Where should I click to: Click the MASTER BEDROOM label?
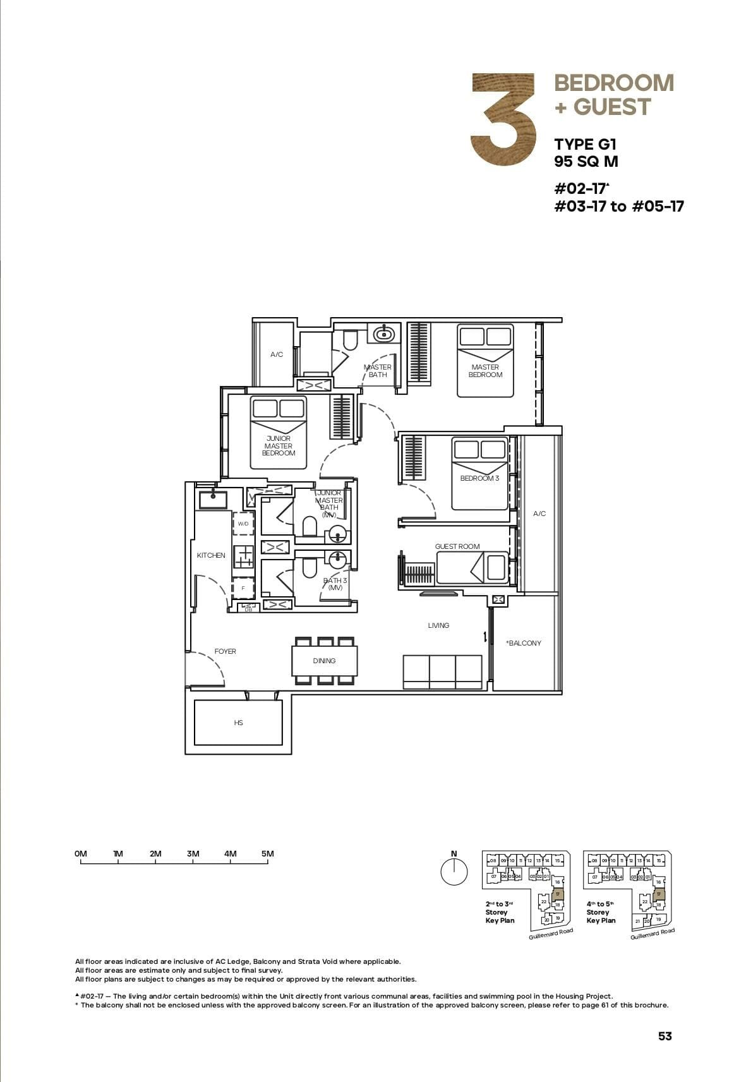[485, 371]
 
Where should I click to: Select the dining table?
[324, 661]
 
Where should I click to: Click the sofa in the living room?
[442, 672]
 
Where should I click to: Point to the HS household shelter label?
[238, 723]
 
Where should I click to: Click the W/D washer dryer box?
[243, 524]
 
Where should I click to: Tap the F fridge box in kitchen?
[243, 588]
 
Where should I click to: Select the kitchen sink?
[213, 500]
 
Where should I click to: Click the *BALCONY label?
[524, 643]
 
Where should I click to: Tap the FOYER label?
[225, 651]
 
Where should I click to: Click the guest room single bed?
[472, 568]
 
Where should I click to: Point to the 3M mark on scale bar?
[193, 854]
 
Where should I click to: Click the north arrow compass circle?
[454, 873]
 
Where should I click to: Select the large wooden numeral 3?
[503, 120]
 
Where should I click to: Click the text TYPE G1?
[585, 144]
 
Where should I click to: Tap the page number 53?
[665, 1036]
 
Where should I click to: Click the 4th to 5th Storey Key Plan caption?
[600, 912]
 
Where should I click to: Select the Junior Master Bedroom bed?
[278, 433]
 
